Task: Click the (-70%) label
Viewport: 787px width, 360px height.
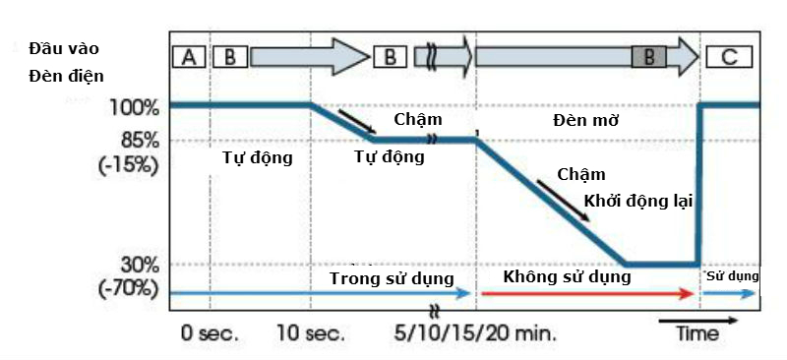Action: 129,288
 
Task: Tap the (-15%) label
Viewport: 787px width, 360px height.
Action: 129,163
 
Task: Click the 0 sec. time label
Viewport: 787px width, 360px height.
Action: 209,332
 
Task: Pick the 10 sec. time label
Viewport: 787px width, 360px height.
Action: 310,332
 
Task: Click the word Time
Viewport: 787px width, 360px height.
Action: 696,332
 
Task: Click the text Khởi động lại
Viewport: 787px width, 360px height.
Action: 637,201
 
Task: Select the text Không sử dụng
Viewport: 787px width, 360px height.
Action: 567,276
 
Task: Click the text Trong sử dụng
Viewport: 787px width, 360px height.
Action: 392,277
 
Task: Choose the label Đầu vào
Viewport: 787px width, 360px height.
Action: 64,47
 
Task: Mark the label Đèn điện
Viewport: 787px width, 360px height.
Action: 66,74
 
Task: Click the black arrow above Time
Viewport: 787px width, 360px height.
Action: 697,319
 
